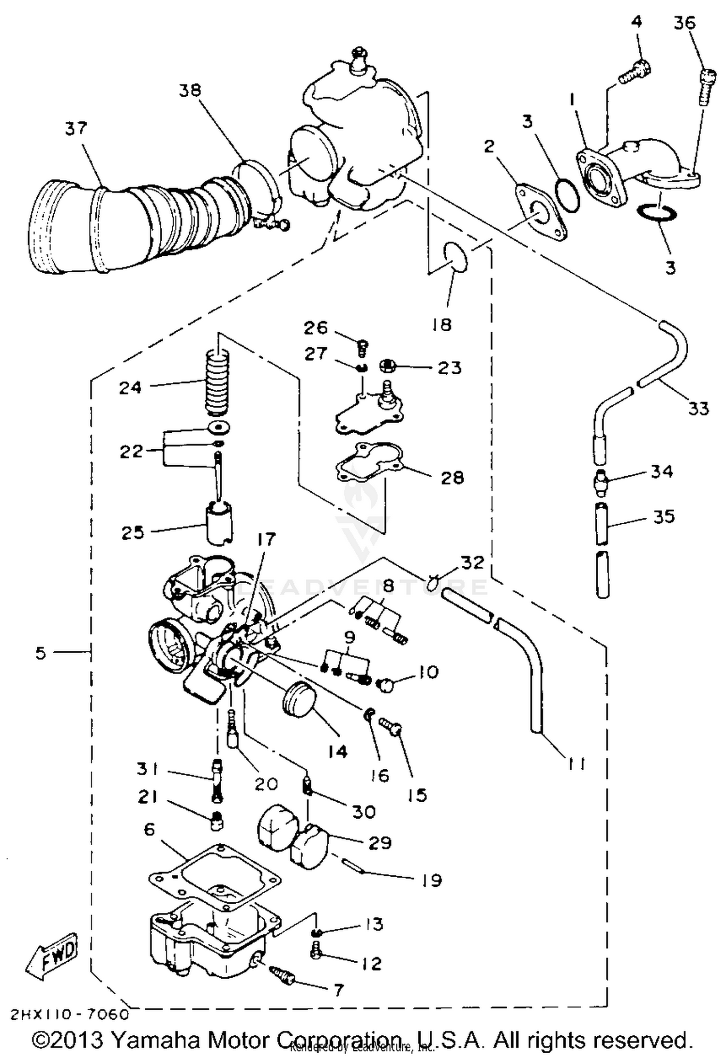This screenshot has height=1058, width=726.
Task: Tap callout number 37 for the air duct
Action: [76, 129]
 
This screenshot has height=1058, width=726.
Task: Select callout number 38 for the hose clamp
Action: [190, 90]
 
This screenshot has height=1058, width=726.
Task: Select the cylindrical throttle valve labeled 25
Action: [219, 522]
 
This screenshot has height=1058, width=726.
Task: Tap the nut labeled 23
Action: [388, 366]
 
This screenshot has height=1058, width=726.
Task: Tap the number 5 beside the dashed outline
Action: [41, 653]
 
